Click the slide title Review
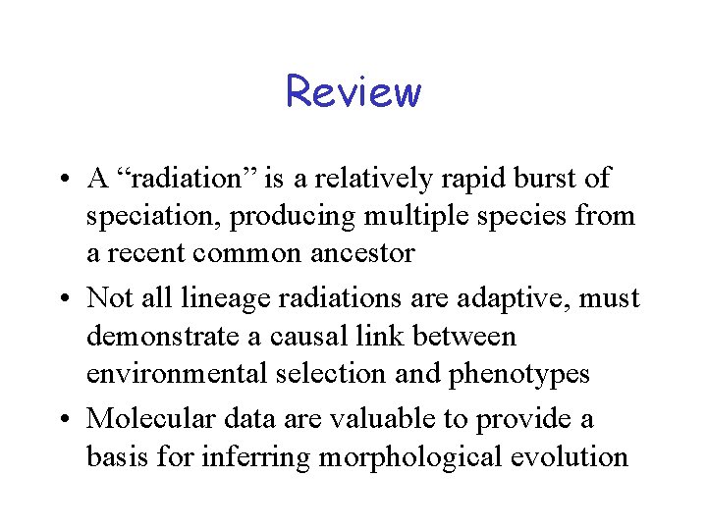[x=353, y=92]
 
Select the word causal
[x=296, y=336]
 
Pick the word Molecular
[x=148, y=418]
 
